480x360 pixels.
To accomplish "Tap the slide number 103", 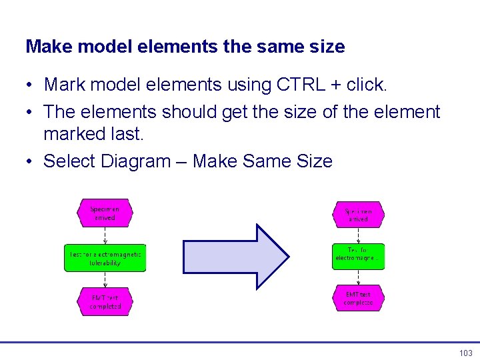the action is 465,353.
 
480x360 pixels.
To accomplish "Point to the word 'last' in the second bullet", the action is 127,133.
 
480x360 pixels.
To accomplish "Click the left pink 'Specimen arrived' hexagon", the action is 105,213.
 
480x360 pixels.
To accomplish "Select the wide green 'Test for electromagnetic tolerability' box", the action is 105,258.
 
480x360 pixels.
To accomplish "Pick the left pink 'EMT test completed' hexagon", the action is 105,301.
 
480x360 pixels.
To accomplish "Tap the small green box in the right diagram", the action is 359,256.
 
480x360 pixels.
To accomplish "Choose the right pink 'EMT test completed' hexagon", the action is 359,298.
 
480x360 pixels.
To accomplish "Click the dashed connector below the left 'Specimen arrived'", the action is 105,236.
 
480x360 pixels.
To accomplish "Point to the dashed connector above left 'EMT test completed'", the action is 105,279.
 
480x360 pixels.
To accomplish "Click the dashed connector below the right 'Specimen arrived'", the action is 359,235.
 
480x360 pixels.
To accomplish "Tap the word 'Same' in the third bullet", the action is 265,161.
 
